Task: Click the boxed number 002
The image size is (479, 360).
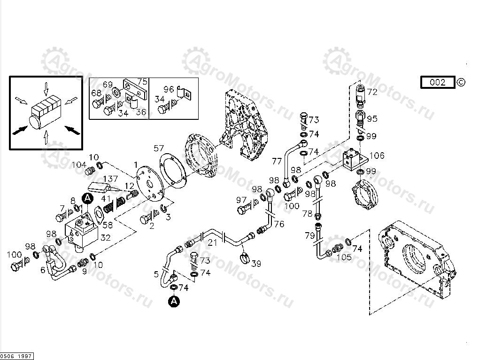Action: [437, 83]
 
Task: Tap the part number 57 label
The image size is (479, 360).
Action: [159, 149]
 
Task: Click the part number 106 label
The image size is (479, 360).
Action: [377, 156]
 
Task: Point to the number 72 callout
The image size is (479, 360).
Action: [372, 93]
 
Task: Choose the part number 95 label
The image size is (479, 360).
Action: [372, 119]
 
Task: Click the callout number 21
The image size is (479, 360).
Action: [213, 242]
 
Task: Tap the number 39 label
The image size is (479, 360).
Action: [256, 264]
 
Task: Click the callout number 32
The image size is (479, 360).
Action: [105, 238]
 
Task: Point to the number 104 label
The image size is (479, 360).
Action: [79, 165]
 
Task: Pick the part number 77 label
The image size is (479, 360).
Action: [277, 162]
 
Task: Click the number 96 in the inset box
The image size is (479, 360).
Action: [169, 88]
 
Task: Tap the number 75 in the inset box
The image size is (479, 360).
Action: [142, 81]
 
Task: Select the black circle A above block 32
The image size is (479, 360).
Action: [87, 199]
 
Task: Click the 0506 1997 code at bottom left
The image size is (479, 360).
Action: [16, 356]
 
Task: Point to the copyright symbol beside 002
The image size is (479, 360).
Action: [461, 83]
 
